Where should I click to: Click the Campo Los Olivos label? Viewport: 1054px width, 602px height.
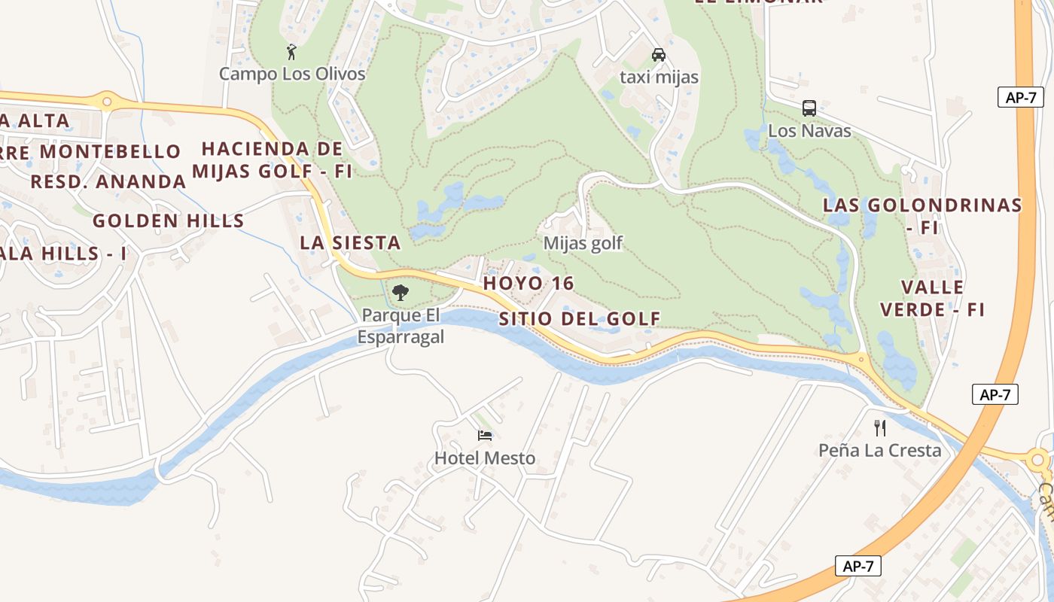(292, 74)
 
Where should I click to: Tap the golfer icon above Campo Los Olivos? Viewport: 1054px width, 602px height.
(292, 52)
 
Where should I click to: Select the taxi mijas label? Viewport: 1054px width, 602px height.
(659, 77)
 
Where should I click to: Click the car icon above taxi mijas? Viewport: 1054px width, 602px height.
(659, 55)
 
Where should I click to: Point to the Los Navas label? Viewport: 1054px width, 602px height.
(809, 130)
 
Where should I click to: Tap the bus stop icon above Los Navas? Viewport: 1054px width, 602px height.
(809, 108)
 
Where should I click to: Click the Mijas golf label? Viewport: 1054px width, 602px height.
(583, 243)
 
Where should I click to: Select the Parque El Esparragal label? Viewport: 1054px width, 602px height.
(401, 326)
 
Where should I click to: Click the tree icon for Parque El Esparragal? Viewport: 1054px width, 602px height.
(401, 293)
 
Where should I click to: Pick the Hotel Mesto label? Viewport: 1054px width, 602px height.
(485, 458)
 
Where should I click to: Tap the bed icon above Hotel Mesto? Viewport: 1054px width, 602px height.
(485, 436)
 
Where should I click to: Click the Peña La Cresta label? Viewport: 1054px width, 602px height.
(880, 450)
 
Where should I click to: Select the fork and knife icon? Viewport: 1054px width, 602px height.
(880, 428)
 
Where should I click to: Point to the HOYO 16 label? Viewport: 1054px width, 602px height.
(529, 284)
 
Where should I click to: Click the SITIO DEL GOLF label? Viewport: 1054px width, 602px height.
(580, 319)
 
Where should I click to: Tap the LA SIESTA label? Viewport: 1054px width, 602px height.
(350, 242)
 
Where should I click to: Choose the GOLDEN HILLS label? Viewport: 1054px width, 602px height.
(169, 220)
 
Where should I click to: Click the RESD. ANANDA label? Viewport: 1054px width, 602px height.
(108, 181)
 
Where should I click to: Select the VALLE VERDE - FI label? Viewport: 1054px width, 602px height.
(933, 298)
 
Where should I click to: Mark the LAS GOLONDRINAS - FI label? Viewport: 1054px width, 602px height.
(922, 215)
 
